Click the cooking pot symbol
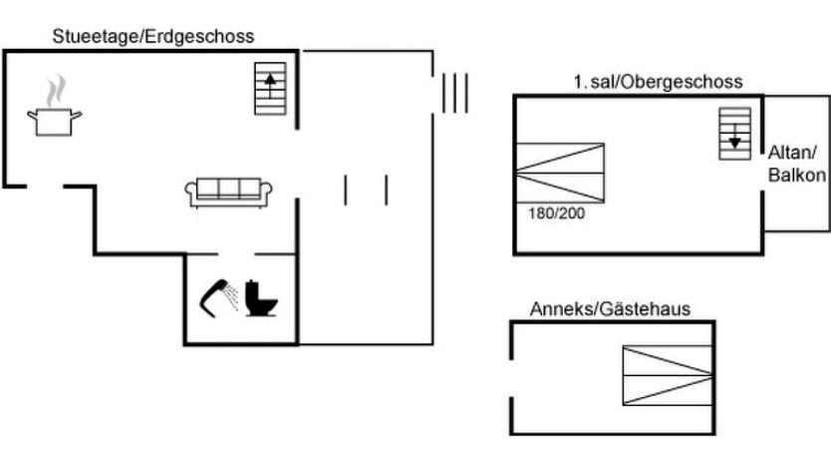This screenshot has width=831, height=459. click(55, 121)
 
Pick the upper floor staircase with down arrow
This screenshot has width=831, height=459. click(734, 134)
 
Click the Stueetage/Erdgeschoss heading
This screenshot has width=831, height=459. click(153, 36)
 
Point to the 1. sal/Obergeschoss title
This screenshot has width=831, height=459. click(658, 83)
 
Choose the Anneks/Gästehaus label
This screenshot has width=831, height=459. click(609, 309)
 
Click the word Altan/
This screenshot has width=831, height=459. click(792, 153)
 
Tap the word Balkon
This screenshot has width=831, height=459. click(796, 175)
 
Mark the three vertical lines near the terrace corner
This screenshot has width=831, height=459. click(454, 93)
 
